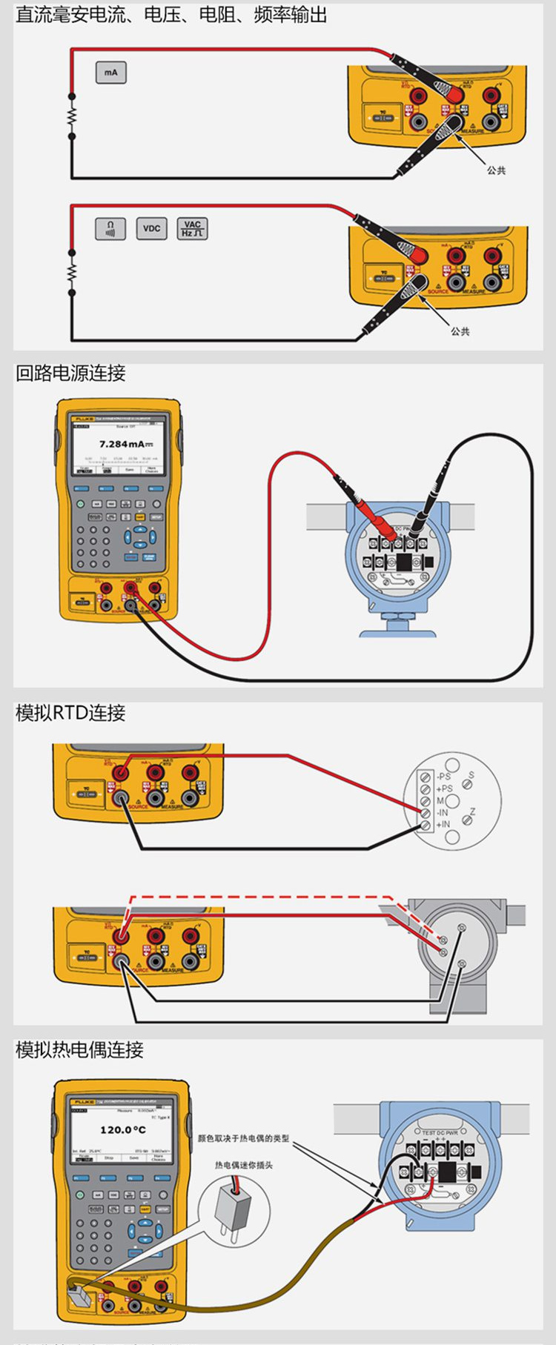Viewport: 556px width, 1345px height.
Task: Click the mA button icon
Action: coord(110,73)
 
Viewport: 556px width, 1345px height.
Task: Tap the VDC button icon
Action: coord(151,228)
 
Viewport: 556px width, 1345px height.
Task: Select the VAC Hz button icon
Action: coord(192,228)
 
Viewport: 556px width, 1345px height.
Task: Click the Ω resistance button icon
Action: coord(110,228)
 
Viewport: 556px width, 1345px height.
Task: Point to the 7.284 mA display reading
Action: coord(123,444)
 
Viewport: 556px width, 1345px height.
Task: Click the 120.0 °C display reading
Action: coord(123,1130)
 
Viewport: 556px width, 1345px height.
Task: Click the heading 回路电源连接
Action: coord(70,373)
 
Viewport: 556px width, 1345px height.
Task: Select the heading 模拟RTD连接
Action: coord(70,713)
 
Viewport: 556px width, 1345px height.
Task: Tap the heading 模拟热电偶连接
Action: coord(79,1050)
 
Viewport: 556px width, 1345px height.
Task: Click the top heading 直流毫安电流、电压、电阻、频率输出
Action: coord(171,14)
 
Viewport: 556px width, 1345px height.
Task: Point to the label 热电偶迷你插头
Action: coord(244,1166)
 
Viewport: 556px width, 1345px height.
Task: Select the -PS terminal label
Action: coord(443,777)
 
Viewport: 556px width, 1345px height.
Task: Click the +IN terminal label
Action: coord(443,824)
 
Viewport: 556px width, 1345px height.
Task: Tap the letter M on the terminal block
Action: coord(440,801)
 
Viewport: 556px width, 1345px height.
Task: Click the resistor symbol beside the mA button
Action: coord(72,116)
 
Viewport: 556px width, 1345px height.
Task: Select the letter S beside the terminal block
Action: coord(471,775)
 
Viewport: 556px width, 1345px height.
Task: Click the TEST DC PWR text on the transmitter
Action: coord(440,1133)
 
